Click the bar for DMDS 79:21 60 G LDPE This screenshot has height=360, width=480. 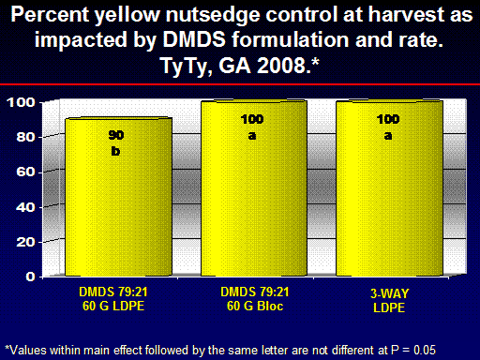click(x=118, y=197)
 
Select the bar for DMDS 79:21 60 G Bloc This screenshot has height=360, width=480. click(x=254, y=188)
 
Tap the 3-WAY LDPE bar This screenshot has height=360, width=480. click(x=389, y=188)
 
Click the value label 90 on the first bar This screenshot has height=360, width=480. click(x=116, y=135)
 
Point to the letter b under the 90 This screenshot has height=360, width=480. click(x=115, y=151)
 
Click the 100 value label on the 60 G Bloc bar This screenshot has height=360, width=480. click(x=252, y=119)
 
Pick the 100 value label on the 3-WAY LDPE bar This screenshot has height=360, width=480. click(x=388, y=119)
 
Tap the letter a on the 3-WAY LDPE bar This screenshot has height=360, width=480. click(x=388, y=136)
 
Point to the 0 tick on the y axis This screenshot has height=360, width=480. click(x=30, y=277)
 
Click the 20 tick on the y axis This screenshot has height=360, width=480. click(x=26, y=242)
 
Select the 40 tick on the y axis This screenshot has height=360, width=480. click(x=26, y=207)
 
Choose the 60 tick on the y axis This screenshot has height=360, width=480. click(x=26, y=172)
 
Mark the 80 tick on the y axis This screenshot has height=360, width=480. click(x=26, y=137)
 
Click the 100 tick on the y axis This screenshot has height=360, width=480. click(x=22, y=102)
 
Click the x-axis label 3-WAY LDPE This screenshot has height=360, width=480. click(x=389, y=301)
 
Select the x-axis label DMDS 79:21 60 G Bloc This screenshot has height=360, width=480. click(x=255, y=299)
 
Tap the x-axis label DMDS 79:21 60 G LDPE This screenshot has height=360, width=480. click(x=113, y=299)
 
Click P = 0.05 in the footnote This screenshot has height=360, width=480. click(x=413, y=350)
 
